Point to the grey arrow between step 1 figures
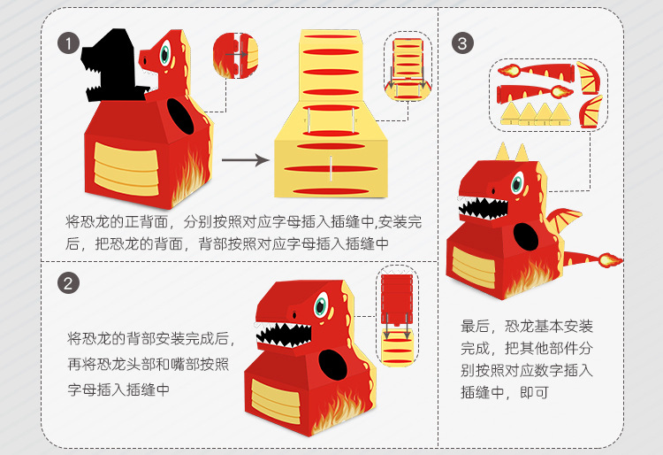tap(245, 160)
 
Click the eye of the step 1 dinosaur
tap(166, 54)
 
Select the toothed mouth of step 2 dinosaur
tap(283, 335)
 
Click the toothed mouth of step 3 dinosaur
tap(483, 211)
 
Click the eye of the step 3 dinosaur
tap(519, 187)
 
